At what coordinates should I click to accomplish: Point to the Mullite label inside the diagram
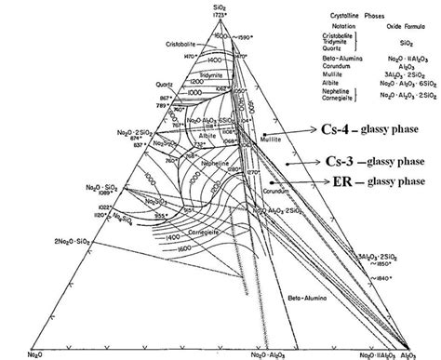pyautogui.click(x=268, y=136)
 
